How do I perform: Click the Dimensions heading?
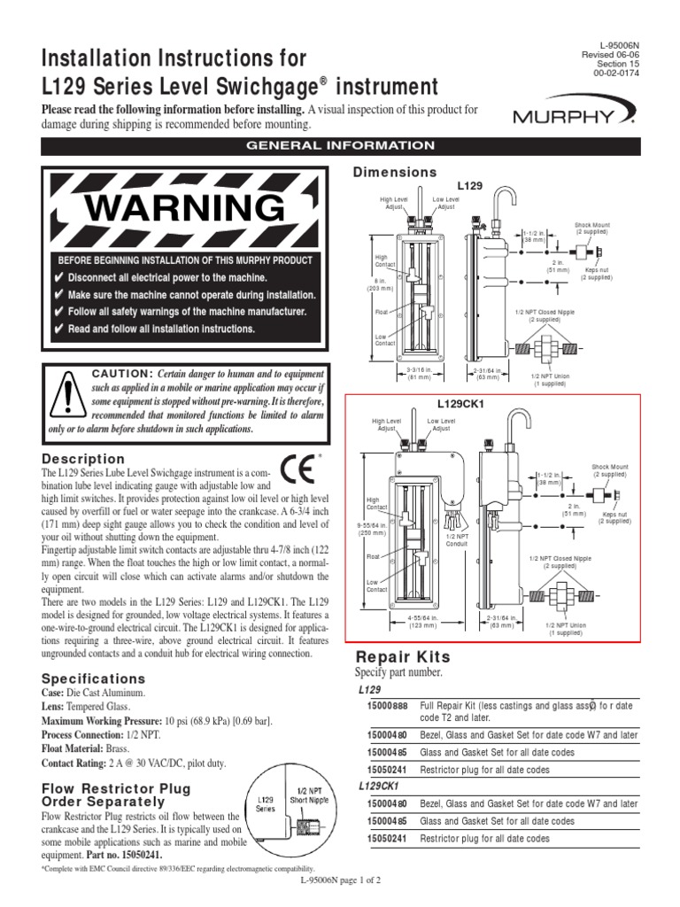(396, 172)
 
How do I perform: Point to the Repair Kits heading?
(403, 656)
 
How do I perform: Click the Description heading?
(84, 459)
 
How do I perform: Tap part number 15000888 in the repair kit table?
(388, 706)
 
